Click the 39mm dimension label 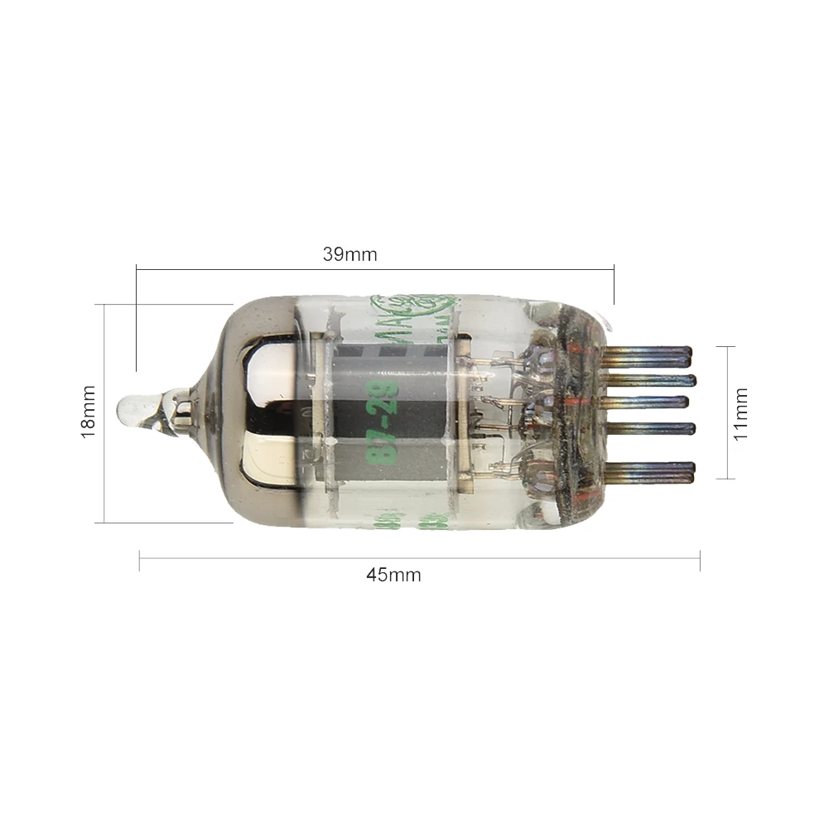tap(349, 254)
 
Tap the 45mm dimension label tap(393, 575)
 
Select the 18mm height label tap(89, 412)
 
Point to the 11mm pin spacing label tap(740, 412)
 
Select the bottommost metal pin tap(654, 473)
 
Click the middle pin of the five tap(654, 403)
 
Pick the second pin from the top tap(654, 380)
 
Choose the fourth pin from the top tap(654, 428)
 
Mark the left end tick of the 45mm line tap(139, 561)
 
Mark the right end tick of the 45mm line tap(700, 561)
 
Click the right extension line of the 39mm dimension tap(614, 286)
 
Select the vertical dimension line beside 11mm tap(728, 412)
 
